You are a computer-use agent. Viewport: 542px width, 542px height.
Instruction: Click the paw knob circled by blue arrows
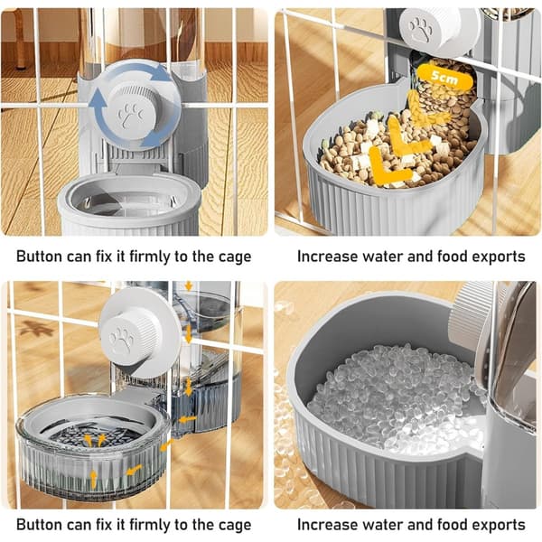click(x=133, y=110)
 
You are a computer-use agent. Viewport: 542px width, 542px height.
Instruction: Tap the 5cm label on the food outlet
click(x=444, y=79)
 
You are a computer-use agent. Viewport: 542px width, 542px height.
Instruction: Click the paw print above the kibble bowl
click(x=421, y=29)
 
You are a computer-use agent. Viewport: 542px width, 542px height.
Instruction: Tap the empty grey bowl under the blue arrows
click(x=129, y=204)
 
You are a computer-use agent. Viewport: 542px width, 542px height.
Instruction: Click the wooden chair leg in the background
click(x=20, y=38)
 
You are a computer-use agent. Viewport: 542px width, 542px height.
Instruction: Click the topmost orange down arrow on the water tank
click(x=189, y=285)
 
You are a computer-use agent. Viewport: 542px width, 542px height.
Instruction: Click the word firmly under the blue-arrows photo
click(x=150, y=257)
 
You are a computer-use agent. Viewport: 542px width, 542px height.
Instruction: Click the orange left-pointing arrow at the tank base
click(x=187, y=419)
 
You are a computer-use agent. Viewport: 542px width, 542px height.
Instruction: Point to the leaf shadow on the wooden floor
click(x=37, y=327)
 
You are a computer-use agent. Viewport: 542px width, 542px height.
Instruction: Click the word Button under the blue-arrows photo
click(x=40, y=257)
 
